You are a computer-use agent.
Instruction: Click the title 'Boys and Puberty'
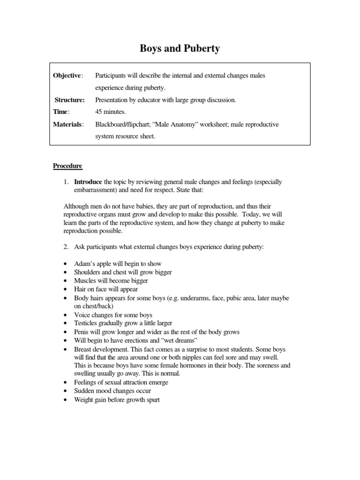pyautogui.click(x=180, y=48)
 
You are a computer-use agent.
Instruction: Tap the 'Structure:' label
pyautogui.click(x=69, y=100)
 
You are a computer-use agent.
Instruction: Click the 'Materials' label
pyautogui.click(x=68, y=124)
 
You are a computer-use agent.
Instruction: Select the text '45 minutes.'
pyautogui.click(x=111, y=112)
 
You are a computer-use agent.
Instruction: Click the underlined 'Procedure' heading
pyautogui.click(x=67, y=166)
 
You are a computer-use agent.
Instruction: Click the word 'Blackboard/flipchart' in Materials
pyautogui.click(x=123, y=124)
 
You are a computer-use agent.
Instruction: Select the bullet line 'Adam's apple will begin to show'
pyautogui.click(x=118, y=264)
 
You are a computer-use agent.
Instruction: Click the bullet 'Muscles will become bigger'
pyautogui.click(x=111, y=281)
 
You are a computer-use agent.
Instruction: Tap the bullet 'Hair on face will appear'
pyautogui.click(x=106, y=289)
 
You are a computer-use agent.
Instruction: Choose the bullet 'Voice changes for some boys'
pyautogui.click(x=113, y=315)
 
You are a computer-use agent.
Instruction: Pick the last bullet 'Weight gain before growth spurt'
pyautogui.click(x=117, y=399)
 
